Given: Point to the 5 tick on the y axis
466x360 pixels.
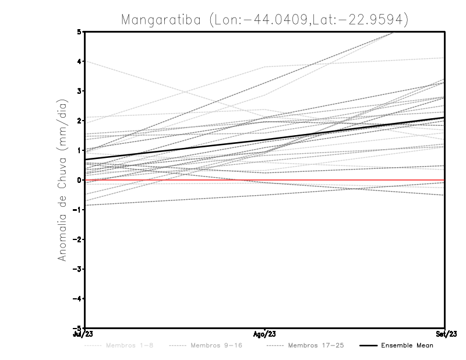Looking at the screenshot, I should point(79,31).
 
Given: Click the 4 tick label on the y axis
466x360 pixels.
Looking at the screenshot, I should point(79,61).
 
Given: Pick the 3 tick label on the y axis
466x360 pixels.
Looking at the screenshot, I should point(79,91).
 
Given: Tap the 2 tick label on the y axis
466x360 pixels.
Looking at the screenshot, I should point(79,121).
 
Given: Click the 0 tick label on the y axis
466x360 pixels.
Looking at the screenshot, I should point(79,180).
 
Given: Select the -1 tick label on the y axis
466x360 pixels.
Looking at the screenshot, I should point(78,210).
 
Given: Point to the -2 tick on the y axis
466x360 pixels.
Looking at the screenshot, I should point(78,239).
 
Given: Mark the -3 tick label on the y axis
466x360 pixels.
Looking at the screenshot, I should point(78,269).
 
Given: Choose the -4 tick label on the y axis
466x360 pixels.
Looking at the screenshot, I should point(78,299).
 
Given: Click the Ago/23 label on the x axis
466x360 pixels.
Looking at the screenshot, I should point(265,334).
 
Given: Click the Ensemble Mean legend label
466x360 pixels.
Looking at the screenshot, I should point(407,345).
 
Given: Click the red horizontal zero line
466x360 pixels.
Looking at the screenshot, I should point(349,181).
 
